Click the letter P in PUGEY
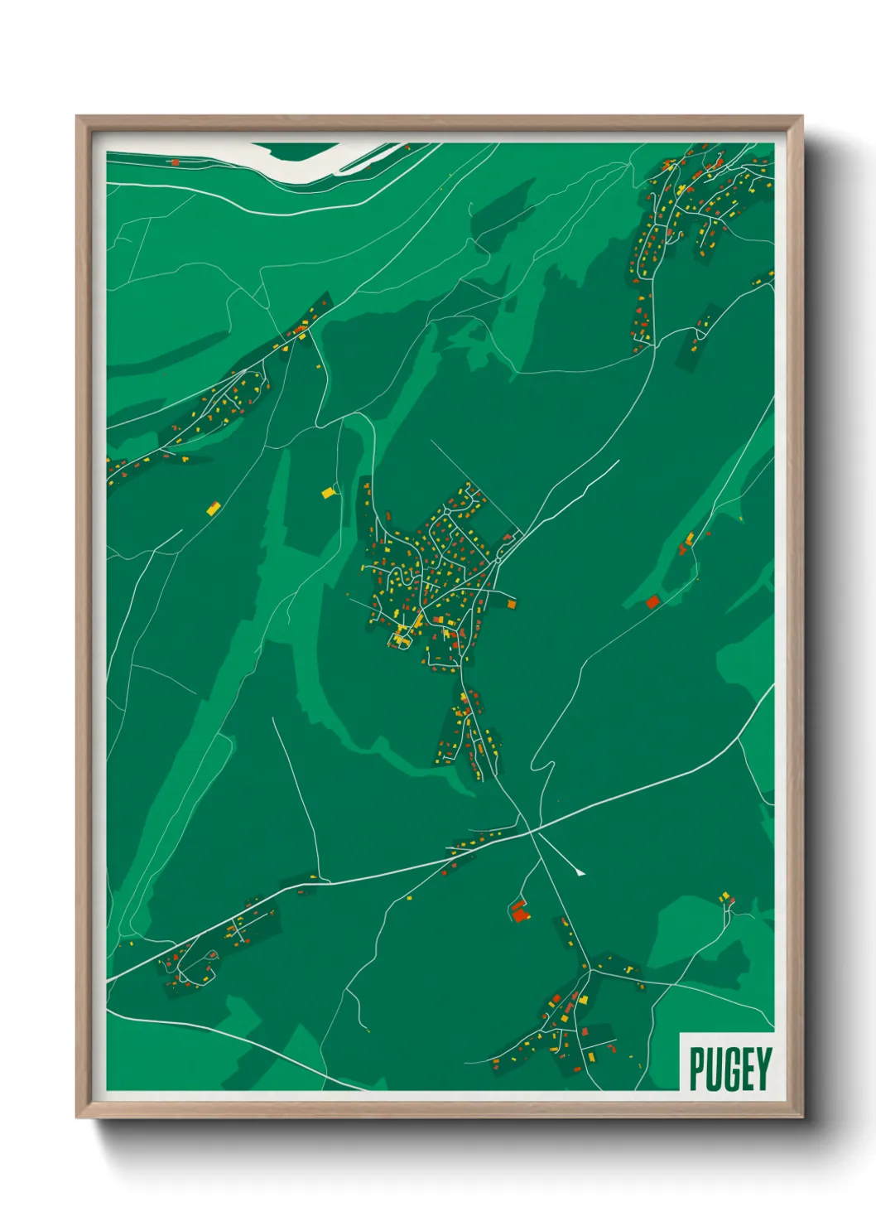pos(696,1069)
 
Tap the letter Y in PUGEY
pos(763,1069)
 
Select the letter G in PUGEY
pos(730,1069)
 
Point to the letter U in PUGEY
pos(713,1069)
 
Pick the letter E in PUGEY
pos(747,1069)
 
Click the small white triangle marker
pos(580,871)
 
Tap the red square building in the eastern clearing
pos(652,601)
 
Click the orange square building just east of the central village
pos(511,605)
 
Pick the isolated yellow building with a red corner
pos(214,508)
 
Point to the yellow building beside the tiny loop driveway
pos(329,493)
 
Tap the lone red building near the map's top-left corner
pos(174,162)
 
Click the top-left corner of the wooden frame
pos(77,117)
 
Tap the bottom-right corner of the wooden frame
pos(801,1117)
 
